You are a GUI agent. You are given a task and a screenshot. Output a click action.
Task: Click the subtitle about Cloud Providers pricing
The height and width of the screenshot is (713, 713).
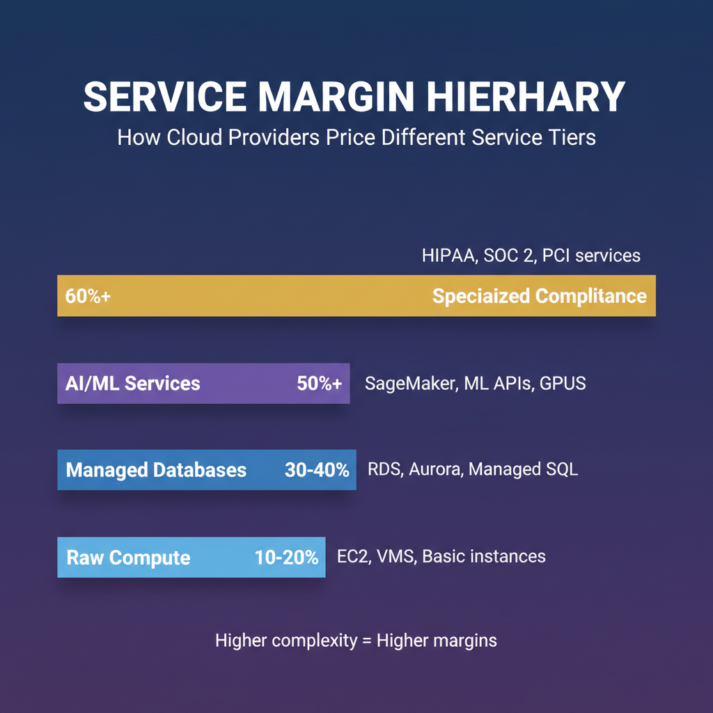pyautogui.click(x=356, y=136)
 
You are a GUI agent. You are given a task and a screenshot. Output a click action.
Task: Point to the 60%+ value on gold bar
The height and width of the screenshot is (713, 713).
pyautogui.click(x=88, y=296)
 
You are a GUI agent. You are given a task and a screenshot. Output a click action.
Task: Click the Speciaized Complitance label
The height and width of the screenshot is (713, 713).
pyautogui.click(x=539, y=296)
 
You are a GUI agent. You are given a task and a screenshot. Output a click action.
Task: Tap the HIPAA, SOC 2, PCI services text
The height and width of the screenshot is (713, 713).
pyautogui.click(x=531, y=256)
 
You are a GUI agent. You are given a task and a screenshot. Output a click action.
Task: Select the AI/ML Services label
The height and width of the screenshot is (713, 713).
pyautogui.click(x=133, y=383)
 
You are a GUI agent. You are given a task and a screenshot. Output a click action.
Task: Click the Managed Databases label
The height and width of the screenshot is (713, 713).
pyautogui.click(x=156, y=470)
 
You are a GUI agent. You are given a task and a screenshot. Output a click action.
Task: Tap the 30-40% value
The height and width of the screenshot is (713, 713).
pyautogui.click(x=317, y=470)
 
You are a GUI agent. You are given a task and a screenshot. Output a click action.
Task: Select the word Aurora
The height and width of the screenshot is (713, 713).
pyautogui.click(x=435, y=469)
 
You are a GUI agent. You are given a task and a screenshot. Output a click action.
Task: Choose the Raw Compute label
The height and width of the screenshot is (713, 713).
pyautogui.click(x=128, y=557)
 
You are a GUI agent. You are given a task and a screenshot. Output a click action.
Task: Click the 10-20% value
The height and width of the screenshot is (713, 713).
pyautogui.click(x=286, y=557)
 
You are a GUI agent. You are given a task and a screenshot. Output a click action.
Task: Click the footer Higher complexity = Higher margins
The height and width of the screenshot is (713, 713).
pyautogui.click(x=356, y=640)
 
